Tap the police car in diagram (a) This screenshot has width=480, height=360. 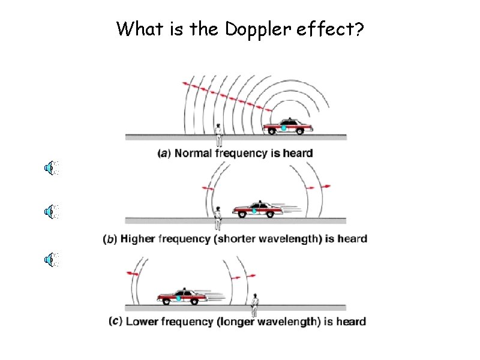[288, 127]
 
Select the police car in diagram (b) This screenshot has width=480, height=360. [257, 209]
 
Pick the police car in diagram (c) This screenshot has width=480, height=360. [182, 296]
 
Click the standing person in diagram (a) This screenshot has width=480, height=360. [219, 134]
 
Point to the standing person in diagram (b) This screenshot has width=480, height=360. [218, 217]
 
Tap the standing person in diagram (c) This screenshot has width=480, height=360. [254, 305]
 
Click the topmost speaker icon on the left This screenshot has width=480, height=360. [52, 167]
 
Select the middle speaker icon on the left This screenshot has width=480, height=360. [52, 211]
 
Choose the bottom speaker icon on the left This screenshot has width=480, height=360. [52, 259]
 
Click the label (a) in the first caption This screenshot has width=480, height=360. [164, 154]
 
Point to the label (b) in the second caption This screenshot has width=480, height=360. [110, 239]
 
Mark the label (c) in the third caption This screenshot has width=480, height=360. [116, 322]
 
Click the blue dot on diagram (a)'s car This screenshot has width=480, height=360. [283, 128]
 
